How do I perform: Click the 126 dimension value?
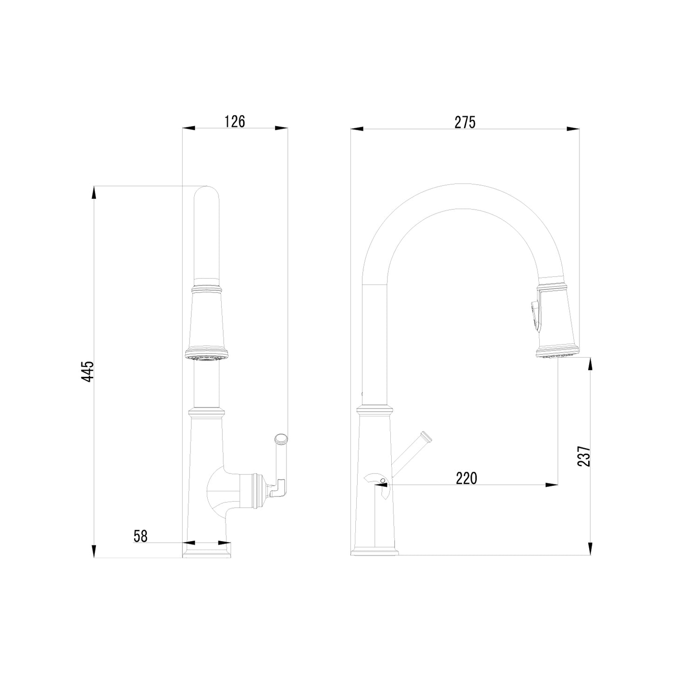coord(234,121)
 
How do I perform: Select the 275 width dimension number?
coord(465,122)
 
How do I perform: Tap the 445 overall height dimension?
coord(88,372)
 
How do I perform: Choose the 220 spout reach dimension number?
coord(466,478)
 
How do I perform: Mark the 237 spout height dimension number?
coord(584,456)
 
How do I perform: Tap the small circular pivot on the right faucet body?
coord(382,481)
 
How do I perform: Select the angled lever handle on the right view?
coord(411,455)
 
